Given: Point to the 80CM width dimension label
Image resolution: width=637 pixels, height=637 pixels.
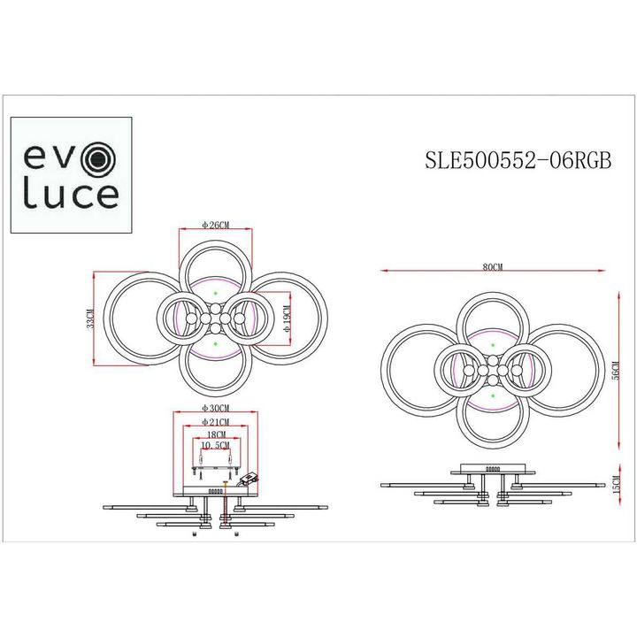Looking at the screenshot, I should [x=493, y=266].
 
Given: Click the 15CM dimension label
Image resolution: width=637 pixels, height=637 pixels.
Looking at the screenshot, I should [x=616, y=484].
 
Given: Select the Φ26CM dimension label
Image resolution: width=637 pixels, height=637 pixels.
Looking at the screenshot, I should [x=216, y=226].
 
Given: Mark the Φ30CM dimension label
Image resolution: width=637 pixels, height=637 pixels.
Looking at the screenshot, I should [x=216, y=408].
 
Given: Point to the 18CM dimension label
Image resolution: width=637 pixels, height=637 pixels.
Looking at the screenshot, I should [x=216, y=436].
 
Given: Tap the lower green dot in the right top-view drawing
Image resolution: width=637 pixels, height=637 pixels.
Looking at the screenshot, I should [x=493, y=398].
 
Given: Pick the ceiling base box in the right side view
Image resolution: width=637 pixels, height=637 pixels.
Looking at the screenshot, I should [x=493, y=470].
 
